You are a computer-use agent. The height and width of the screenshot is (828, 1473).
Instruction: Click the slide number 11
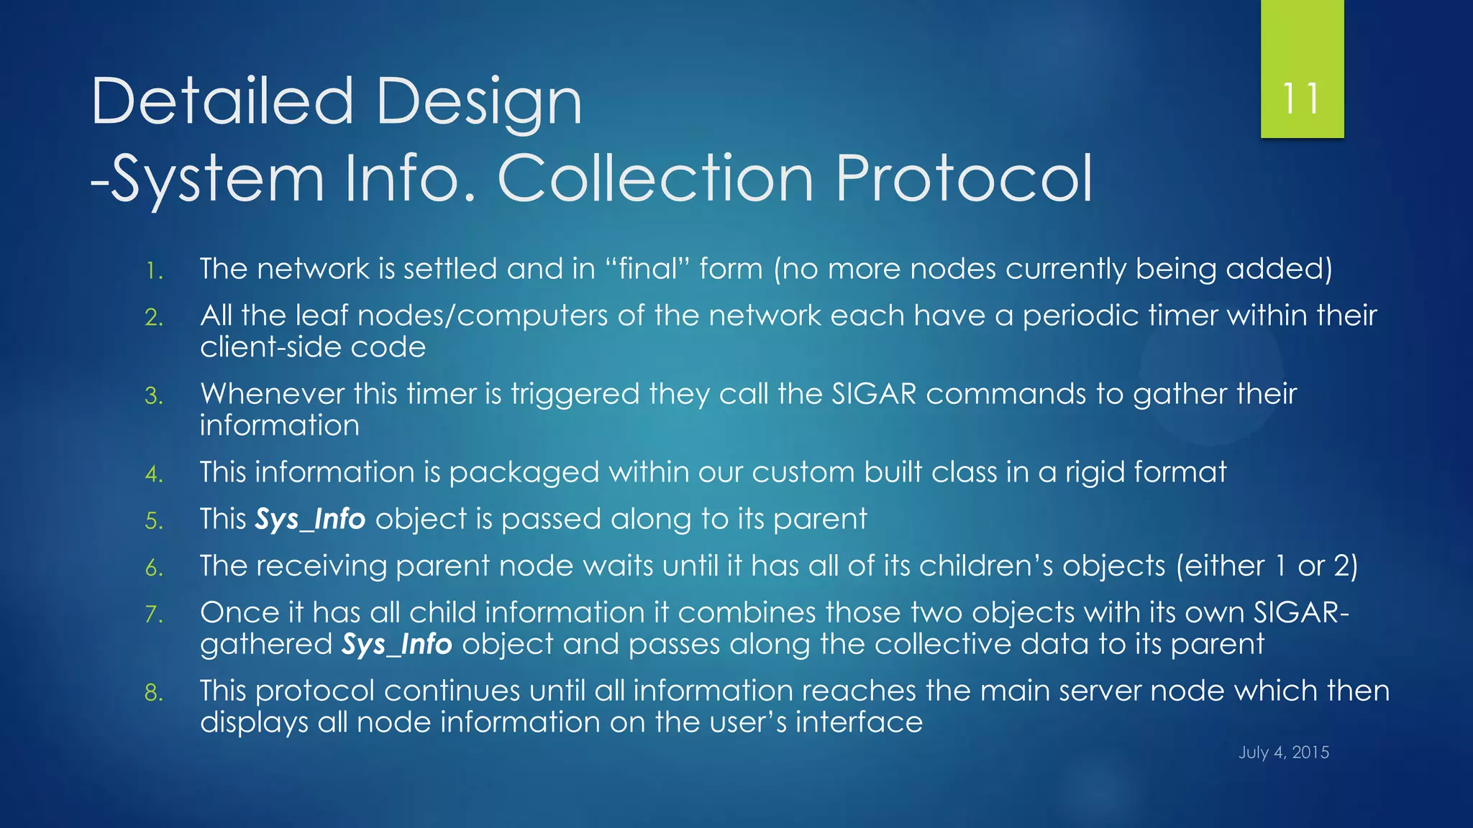(x=1301, y=98)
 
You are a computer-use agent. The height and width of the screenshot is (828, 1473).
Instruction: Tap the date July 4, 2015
(x=1283, y=753)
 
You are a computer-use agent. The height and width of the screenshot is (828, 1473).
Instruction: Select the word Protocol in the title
(x=963, y=178)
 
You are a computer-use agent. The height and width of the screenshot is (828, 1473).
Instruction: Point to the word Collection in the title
(x=655, y=178)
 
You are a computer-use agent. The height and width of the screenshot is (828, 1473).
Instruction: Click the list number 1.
(x=153, y=271)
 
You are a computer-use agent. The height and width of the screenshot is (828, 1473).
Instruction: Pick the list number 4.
(x=154, y=474)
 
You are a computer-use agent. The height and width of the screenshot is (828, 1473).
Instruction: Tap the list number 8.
(x=154, y=693)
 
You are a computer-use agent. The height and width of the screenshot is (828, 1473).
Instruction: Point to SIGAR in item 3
(x=874, y=394)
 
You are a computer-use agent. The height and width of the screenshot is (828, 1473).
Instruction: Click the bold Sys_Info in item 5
(x=311, y=519)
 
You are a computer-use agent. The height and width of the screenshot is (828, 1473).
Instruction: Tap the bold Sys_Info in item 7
(x=397, y=644)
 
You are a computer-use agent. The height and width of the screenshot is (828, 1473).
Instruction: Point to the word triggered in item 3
(x=575, y=395)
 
